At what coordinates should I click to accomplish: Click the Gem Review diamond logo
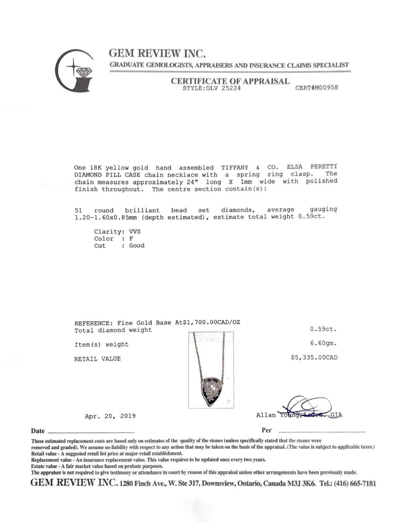click(75, 69)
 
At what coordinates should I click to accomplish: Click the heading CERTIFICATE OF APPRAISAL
click(230, 81)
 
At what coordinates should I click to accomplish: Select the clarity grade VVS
click(135, 231)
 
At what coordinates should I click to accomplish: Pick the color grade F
click(131, 238)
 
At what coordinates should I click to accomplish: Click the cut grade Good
click(137, 245)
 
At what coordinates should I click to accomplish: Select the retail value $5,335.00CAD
click(314, 358)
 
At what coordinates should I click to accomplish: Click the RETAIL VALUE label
click(97, 359)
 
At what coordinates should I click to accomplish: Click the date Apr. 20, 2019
click(110, 416)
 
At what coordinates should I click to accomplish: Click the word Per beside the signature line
click(266, 430)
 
